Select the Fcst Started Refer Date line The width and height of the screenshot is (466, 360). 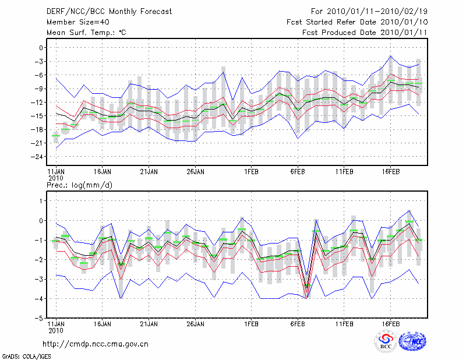click(x=357, y=22)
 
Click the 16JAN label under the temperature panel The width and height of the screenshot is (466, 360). click(x=102, y=172)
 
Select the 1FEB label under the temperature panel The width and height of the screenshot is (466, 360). click(x=252, y=172)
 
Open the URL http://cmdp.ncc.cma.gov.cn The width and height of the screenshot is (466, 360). click(x=96, y=344)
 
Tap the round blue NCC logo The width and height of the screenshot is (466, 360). click(x=412, y=341)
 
